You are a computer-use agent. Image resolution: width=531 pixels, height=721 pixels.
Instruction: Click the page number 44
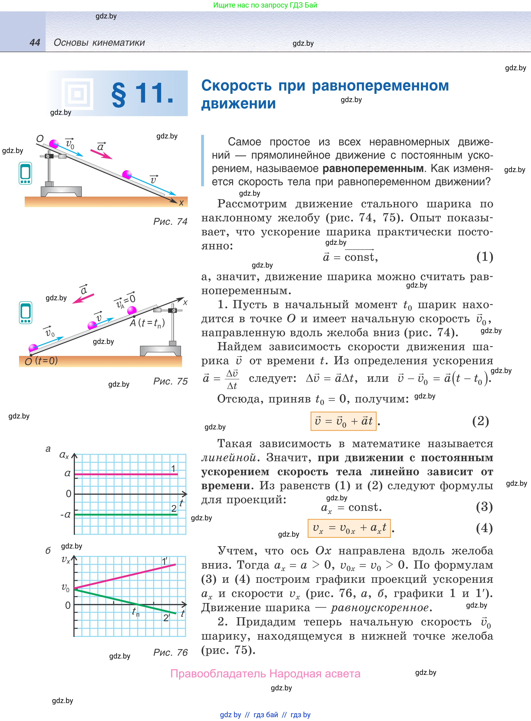coord(35,43)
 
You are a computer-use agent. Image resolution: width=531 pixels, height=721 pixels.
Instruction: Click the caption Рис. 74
coord(170,221)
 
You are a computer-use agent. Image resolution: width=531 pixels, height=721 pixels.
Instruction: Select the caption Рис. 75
coord(170,381)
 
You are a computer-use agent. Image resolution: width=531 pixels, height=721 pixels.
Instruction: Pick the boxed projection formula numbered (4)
coord(349,528)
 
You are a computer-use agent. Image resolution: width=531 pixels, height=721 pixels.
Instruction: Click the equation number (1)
coord(484,257)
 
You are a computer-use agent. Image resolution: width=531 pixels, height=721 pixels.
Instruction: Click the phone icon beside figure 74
coord(25,173)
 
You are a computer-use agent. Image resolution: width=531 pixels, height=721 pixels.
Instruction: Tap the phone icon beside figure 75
coord(25,312)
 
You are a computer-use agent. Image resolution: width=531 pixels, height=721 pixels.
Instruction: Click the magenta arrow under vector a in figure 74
coord(101,154)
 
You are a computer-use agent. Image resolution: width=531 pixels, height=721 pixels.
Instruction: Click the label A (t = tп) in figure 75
coord(147,323)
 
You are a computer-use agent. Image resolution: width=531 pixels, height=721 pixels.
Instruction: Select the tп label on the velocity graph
coord(136,612)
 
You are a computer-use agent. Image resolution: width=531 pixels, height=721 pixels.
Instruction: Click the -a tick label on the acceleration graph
coord(66,514)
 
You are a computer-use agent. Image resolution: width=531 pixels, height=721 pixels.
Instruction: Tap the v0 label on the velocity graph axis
coord(65,588)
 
